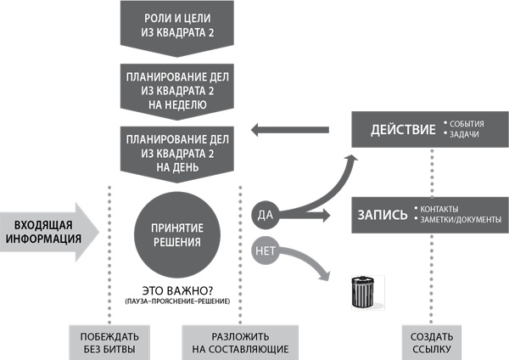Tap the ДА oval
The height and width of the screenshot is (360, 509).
[x=264, y=215]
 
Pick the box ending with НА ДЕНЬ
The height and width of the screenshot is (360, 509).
[x=177, y=151]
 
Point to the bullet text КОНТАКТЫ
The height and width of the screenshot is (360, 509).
[x=441, y=209]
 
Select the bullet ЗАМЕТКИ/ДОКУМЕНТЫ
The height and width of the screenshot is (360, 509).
[x=459, y=221]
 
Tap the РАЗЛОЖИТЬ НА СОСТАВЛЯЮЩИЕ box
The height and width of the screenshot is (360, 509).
[x=236, y=342]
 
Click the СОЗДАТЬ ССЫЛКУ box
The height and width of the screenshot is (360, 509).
[x=429, y=342]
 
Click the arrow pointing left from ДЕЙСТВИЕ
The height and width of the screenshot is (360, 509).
[x=288, y=130]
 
